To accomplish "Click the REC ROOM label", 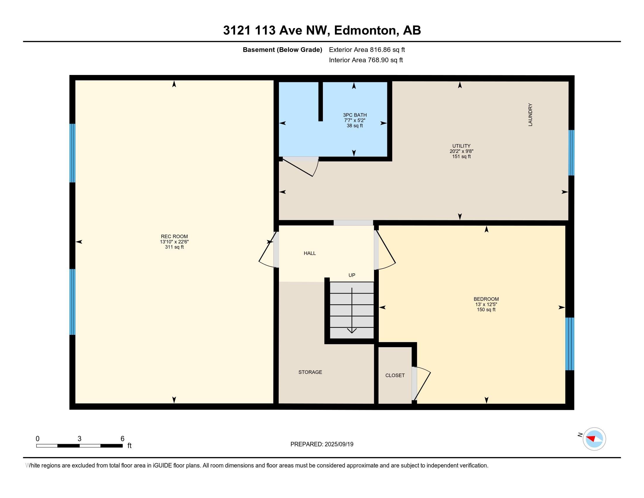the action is pos(174,236).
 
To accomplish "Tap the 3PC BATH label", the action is pos(355,115).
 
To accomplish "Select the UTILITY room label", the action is pos(461,146).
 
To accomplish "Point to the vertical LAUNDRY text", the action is pos(530,115).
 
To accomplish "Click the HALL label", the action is pos(310,253).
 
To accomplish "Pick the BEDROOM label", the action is pos(486,299).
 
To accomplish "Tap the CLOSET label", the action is pos(395,375).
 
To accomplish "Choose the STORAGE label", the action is pos(310,372).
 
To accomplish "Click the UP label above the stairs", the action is pos(352,275).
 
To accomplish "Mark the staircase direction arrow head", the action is pos(352,331).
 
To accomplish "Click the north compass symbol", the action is pos(594,439).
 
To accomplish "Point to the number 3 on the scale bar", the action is pos(79,439).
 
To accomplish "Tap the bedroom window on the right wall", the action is pos(570,344).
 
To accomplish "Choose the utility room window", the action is pos(571,153).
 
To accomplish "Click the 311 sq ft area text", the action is pos(174,247).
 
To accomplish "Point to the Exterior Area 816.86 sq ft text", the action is pos(367,50).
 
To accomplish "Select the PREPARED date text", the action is pos(322,444).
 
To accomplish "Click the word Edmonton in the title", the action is pos(365,30).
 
